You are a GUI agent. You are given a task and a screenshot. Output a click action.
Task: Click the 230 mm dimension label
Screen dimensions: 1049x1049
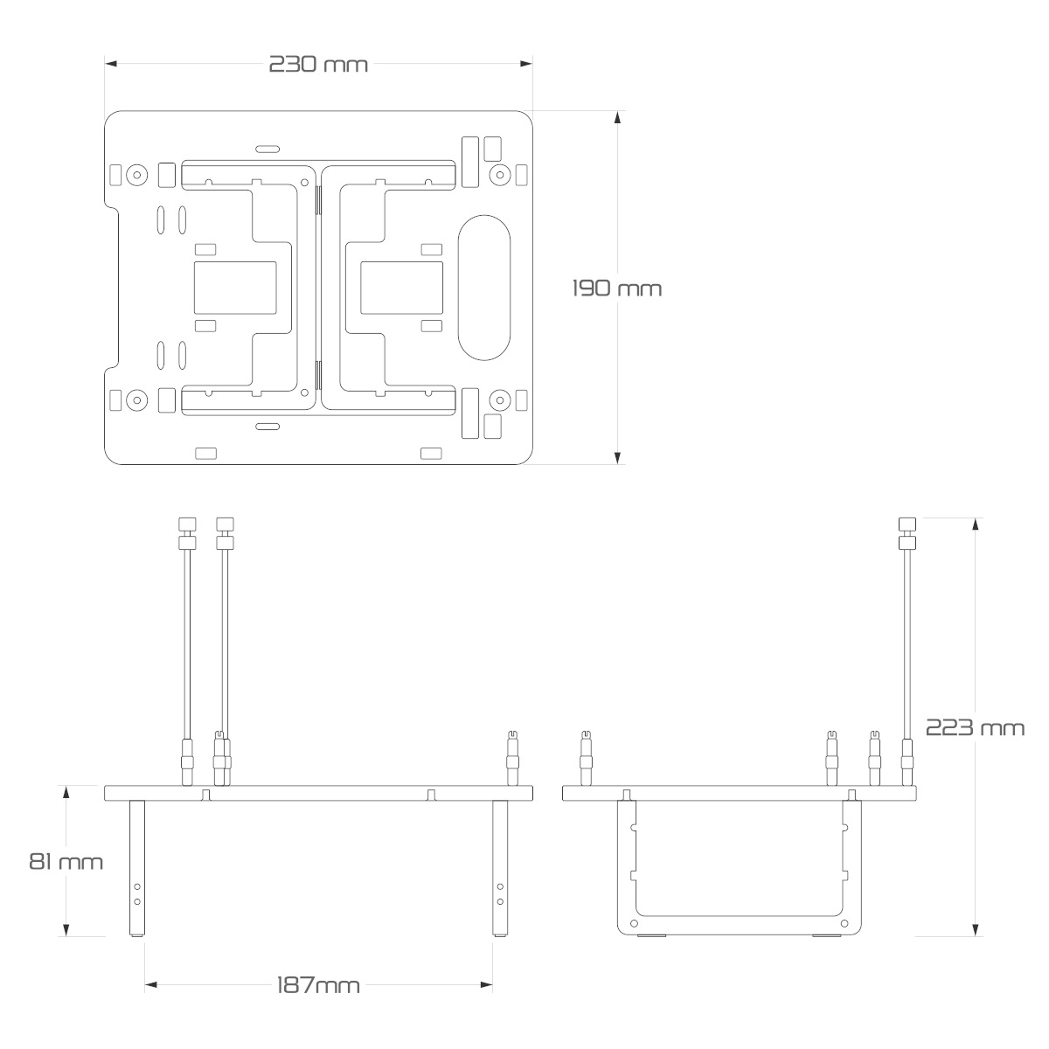coord(318,65)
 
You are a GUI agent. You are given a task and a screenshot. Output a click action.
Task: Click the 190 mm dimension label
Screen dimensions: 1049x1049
coord(617,288)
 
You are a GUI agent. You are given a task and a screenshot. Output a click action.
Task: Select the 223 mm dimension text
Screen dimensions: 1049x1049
coord(975,727)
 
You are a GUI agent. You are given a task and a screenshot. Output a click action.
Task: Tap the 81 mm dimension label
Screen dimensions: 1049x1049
coord(66,861)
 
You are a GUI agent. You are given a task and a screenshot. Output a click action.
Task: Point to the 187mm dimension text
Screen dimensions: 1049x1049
coord(318,985)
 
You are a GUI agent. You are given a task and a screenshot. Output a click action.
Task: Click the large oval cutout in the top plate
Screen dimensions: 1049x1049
coord(483,287)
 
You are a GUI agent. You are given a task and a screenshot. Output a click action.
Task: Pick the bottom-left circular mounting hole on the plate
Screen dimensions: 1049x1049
coord(135,400)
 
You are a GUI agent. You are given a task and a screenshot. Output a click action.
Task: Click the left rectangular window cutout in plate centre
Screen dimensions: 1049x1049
coord(234,287)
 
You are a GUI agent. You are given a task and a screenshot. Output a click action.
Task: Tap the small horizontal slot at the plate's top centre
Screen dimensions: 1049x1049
coord(268,148)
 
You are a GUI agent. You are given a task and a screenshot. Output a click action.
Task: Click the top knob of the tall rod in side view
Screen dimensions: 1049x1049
coord(907,524)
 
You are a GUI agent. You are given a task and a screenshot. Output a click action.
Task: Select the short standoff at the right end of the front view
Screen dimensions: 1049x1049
coord(511,757)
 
